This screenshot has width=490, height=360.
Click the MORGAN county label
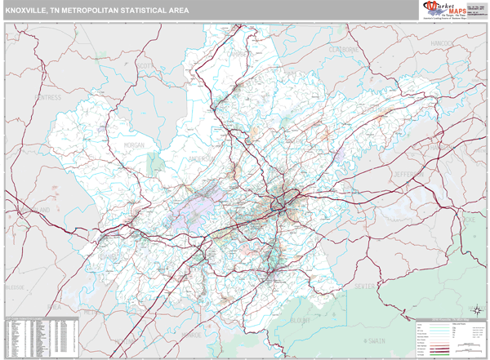pos(134,145)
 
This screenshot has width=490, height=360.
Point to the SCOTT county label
pos(145,64)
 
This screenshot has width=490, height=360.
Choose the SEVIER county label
pos(367,287)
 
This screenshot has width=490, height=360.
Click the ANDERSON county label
pos(201,158)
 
